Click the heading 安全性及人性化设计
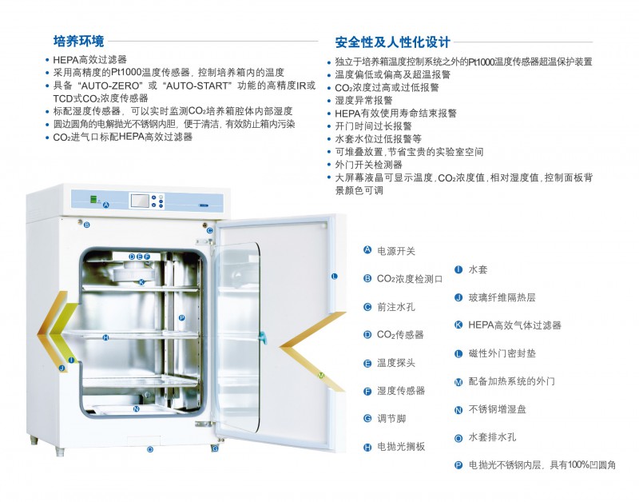[x=393, y=42]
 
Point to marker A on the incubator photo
[x=106, y=205]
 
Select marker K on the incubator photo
[x=141, y=282]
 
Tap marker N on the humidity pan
[x=137, y=408]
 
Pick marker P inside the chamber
[x=182, y=317]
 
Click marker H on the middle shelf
[x=105, y=337]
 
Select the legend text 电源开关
[x=396, y=251]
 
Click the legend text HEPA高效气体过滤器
[x=514, y=325]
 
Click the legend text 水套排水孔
[x=492, y=437]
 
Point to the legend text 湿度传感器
[x=401, y=390]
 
